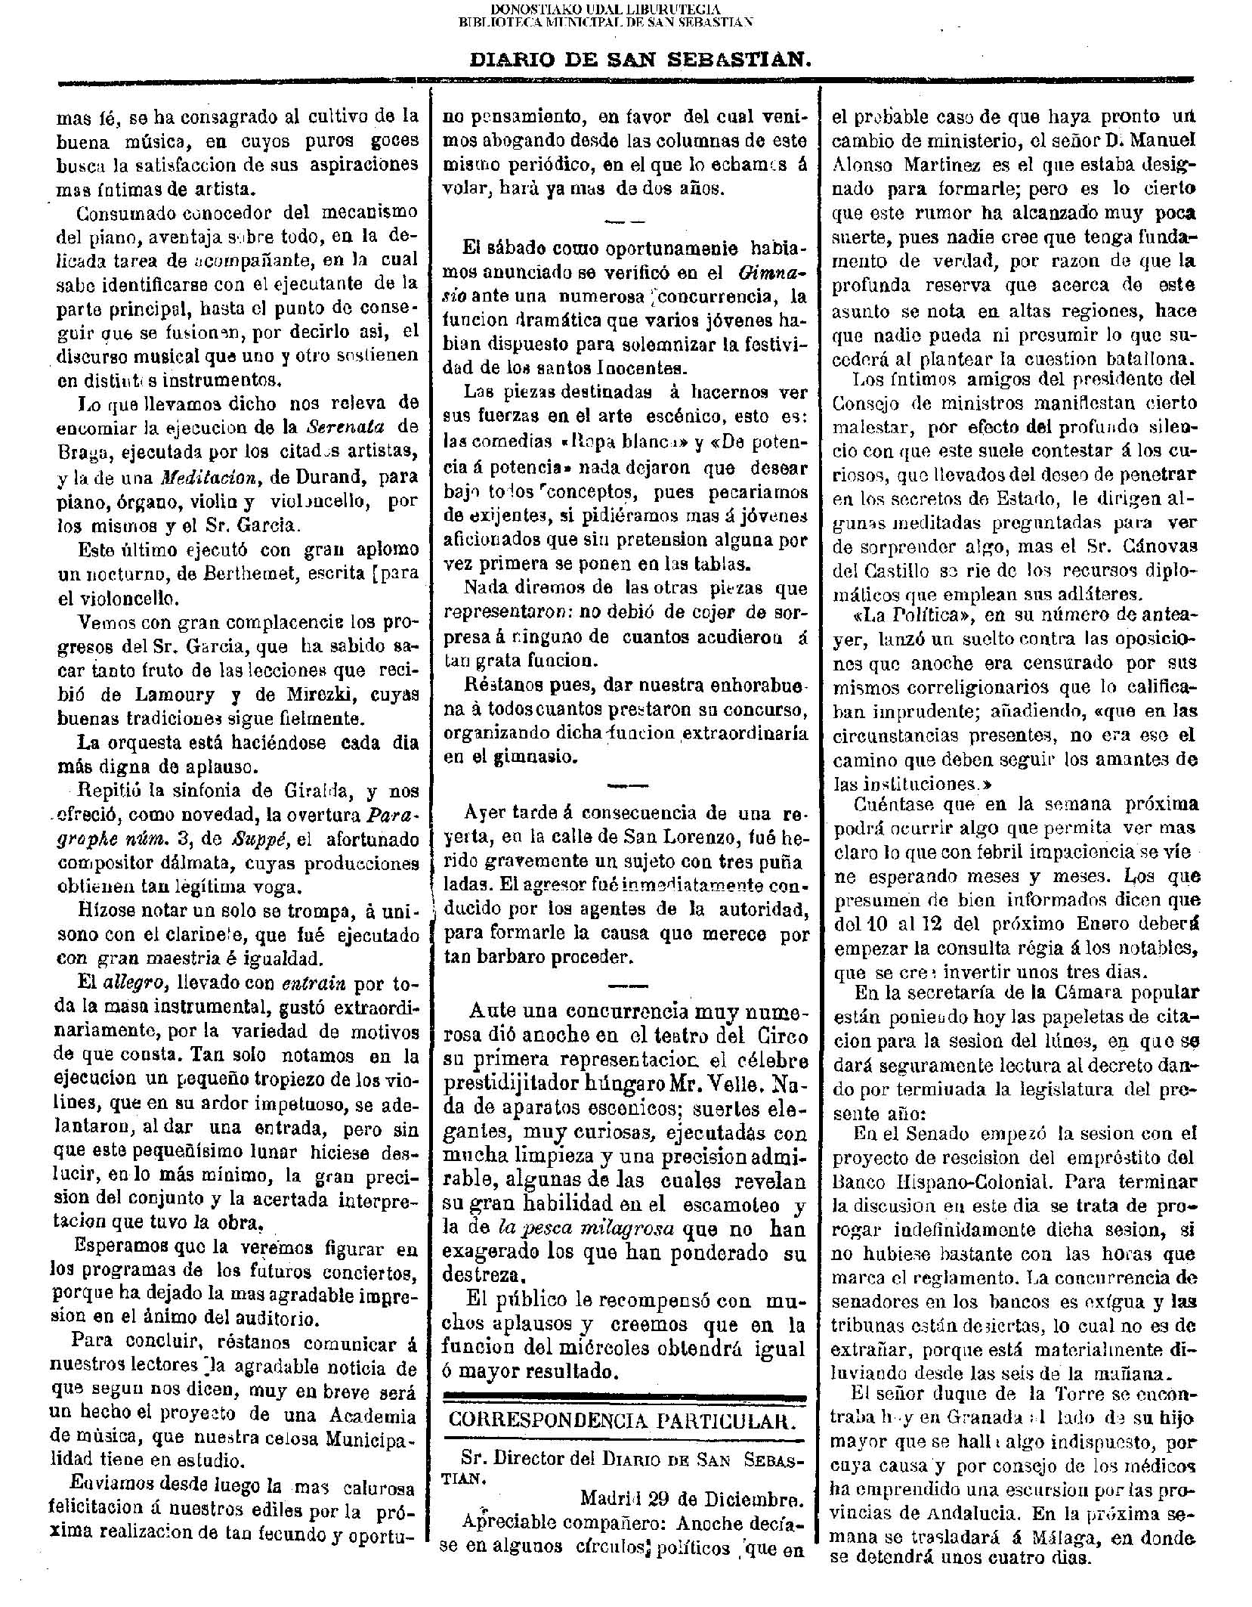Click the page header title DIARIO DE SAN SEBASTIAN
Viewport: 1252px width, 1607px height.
click(x=640, y=60)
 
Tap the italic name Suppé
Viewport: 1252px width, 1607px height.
click(x=256, y=840)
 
